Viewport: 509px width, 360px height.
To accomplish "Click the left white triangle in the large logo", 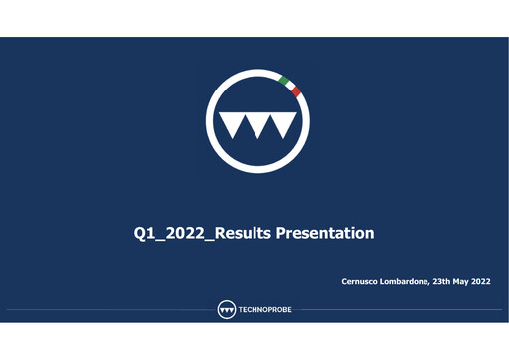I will pos(232,122).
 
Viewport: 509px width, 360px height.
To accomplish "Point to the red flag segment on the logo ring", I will pos(296,91).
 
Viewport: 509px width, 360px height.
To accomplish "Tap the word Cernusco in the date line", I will pos(361,282).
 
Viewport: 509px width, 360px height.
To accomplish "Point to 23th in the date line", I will pos(445,282).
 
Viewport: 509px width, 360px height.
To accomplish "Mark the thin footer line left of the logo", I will pos(109,309).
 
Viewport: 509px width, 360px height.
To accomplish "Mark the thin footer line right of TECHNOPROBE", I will pos(398,309).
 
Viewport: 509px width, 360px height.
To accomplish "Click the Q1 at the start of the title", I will pos(143,234).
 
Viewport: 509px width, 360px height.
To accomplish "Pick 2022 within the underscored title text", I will pos(179,234).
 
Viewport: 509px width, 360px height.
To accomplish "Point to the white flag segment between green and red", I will pos(290,86).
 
